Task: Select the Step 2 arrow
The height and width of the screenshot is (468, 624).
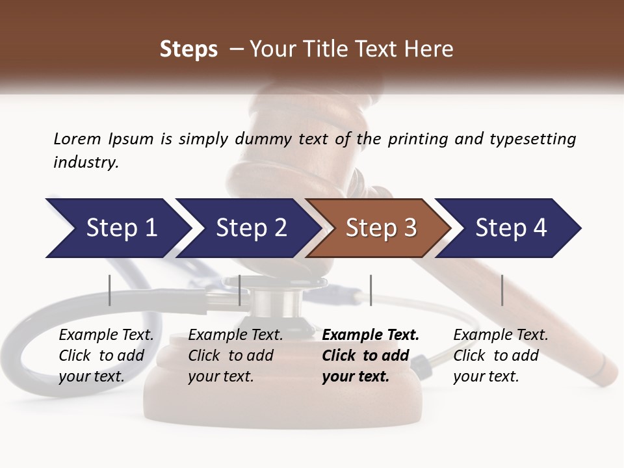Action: pos(250,227)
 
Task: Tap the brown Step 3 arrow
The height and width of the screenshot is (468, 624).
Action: pos(380,227)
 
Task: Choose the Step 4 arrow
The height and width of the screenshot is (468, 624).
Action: pos(510,227)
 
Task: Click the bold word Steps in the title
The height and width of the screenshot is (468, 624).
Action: pos(188,49)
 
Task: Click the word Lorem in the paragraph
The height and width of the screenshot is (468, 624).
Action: pos(77,138)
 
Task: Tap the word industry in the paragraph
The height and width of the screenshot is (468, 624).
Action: pos(86,162)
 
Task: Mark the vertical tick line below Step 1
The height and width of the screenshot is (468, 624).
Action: pos(109,290)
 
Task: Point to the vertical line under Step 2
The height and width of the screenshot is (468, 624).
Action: pos(240,290)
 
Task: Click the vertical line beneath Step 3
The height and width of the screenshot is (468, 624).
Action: pos(370,290)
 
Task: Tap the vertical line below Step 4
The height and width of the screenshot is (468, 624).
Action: pos(502,290)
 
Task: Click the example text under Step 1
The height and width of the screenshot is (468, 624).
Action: pos(106,356)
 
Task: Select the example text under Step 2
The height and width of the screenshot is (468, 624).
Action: pos(235,356)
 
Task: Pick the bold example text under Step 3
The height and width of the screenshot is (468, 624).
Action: pos(370,356)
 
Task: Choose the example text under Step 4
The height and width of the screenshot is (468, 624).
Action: pos(500,356)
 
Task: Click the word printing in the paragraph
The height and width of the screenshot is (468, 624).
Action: pos(416,138)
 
